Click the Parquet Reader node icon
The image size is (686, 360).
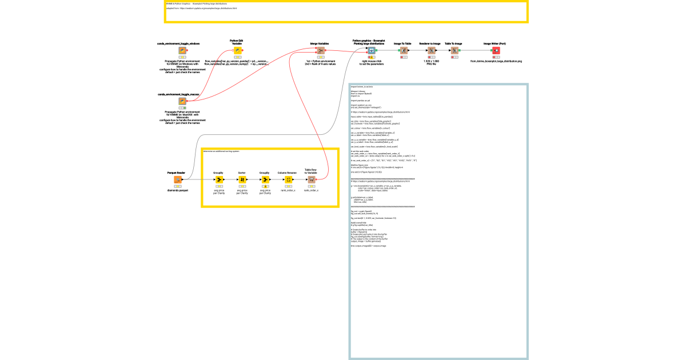(177, 179)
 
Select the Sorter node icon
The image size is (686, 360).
(242, 179)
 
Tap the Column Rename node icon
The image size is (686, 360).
(288, 179)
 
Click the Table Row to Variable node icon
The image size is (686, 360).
(312, 179)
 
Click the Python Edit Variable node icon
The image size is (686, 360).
(237, 50)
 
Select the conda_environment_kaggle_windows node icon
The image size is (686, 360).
(182, 51)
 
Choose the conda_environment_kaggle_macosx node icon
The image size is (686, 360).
(182, 101)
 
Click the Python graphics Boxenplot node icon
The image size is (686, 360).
(372, 50)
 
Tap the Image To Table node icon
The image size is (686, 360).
(404, 50)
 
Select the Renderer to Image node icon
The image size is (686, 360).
(432, 50)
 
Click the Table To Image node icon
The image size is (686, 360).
(454, 50)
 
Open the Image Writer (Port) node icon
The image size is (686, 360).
(496, 50)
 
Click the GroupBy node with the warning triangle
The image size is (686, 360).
(265, 179)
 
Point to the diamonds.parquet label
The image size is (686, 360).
(177, 190)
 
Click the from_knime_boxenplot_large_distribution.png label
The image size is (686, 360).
(496, 61)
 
